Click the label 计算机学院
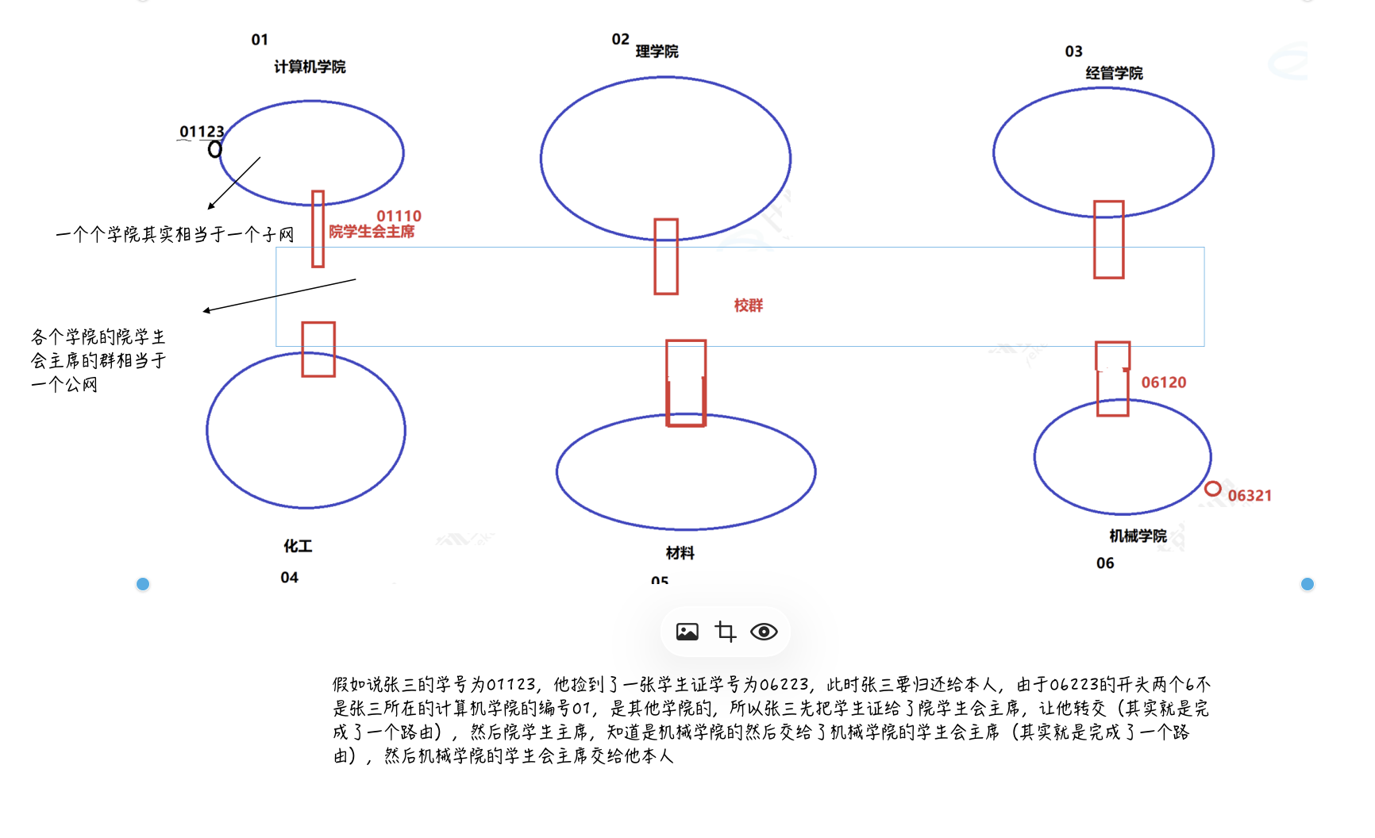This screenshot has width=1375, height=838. [310, 67]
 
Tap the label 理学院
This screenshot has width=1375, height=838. [657, 52]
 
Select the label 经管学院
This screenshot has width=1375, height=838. [1114, 73]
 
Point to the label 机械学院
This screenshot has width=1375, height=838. [1138, 536]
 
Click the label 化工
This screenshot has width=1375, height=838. [298, 546]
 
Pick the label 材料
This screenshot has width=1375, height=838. [680, 553]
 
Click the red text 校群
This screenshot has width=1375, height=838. [748, 306]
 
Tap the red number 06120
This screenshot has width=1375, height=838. [1163, 382]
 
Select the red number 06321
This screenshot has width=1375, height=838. [1250, 496]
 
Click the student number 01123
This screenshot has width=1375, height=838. [202, 132]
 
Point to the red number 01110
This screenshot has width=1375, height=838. [399, 216]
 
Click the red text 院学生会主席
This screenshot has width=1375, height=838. [372, 232]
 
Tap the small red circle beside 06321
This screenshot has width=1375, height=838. [1212, 489]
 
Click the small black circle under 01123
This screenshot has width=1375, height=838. [215, 149]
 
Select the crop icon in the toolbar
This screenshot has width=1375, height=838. [725, 632]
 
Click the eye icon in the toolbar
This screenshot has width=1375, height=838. [764, 632]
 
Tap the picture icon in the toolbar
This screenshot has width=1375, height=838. [687, 632]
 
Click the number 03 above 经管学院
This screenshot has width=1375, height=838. [1073, 52]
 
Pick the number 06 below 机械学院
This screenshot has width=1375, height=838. [1105, 563]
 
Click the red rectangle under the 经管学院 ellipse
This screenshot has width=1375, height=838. [1108, 240]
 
